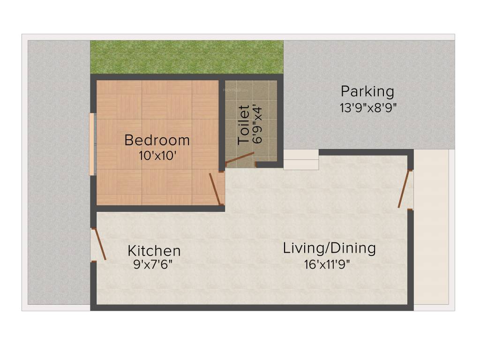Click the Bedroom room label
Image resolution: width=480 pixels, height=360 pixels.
[157, 140]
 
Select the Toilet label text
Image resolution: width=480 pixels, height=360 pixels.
[244, 125]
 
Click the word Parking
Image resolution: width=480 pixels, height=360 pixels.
[367, 91]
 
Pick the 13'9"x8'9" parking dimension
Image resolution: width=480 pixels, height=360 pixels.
[368, 107]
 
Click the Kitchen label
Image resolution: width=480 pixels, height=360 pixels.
[154, 251]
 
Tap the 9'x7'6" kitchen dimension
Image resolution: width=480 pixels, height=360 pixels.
[153, 265]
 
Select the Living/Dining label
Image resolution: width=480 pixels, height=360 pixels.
[329, 248]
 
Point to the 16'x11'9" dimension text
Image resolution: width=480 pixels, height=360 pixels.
[327, 264]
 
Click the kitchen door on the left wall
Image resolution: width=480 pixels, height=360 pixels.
[99, 244]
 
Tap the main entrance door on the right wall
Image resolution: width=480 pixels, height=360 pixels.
[405, 189]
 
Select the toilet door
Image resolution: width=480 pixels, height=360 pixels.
[240, 159]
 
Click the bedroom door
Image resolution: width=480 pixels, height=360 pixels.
[215, 188]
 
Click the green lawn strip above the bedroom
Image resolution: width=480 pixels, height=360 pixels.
[187, 57]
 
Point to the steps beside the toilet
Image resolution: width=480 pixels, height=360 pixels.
[301, 160]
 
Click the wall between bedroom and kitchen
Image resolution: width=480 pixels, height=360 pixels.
[159, 209]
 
